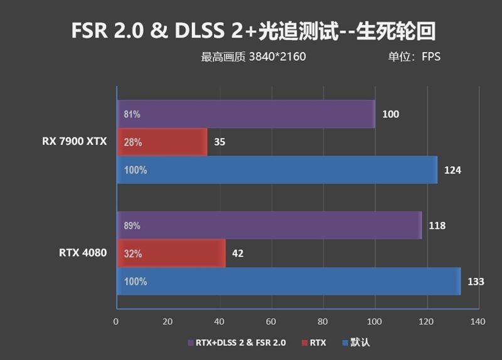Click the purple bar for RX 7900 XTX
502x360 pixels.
[246, 114]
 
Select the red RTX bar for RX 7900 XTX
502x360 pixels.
[162, 142]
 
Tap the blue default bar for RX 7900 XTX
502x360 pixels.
[277, 170]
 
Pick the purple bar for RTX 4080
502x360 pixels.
[269, 225]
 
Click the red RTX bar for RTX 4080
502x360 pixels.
[171, 253]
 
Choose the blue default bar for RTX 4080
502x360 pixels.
[289, 282]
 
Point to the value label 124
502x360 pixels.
[452, 170]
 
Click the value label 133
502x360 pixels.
[476, 282]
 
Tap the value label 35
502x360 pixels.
[219, 142]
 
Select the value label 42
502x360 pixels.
[237, 253]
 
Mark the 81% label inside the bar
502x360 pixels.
[132, 115]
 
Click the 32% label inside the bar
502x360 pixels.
[133, 254]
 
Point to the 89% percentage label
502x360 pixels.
[132, 226]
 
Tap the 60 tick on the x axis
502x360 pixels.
[271, 322]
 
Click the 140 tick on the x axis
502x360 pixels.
[478, 322]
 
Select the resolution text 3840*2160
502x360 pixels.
[277, 57]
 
